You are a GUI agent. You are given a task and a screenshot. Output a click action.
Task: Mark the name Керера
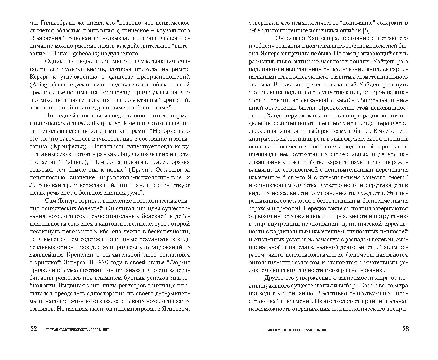tap(40, 77)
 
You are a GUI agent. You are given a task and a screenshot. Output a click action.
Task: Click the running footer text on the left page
tap(77, 330)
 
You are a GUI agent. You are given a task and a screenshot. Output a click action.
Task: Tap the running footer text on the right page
tap(296, 330)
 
